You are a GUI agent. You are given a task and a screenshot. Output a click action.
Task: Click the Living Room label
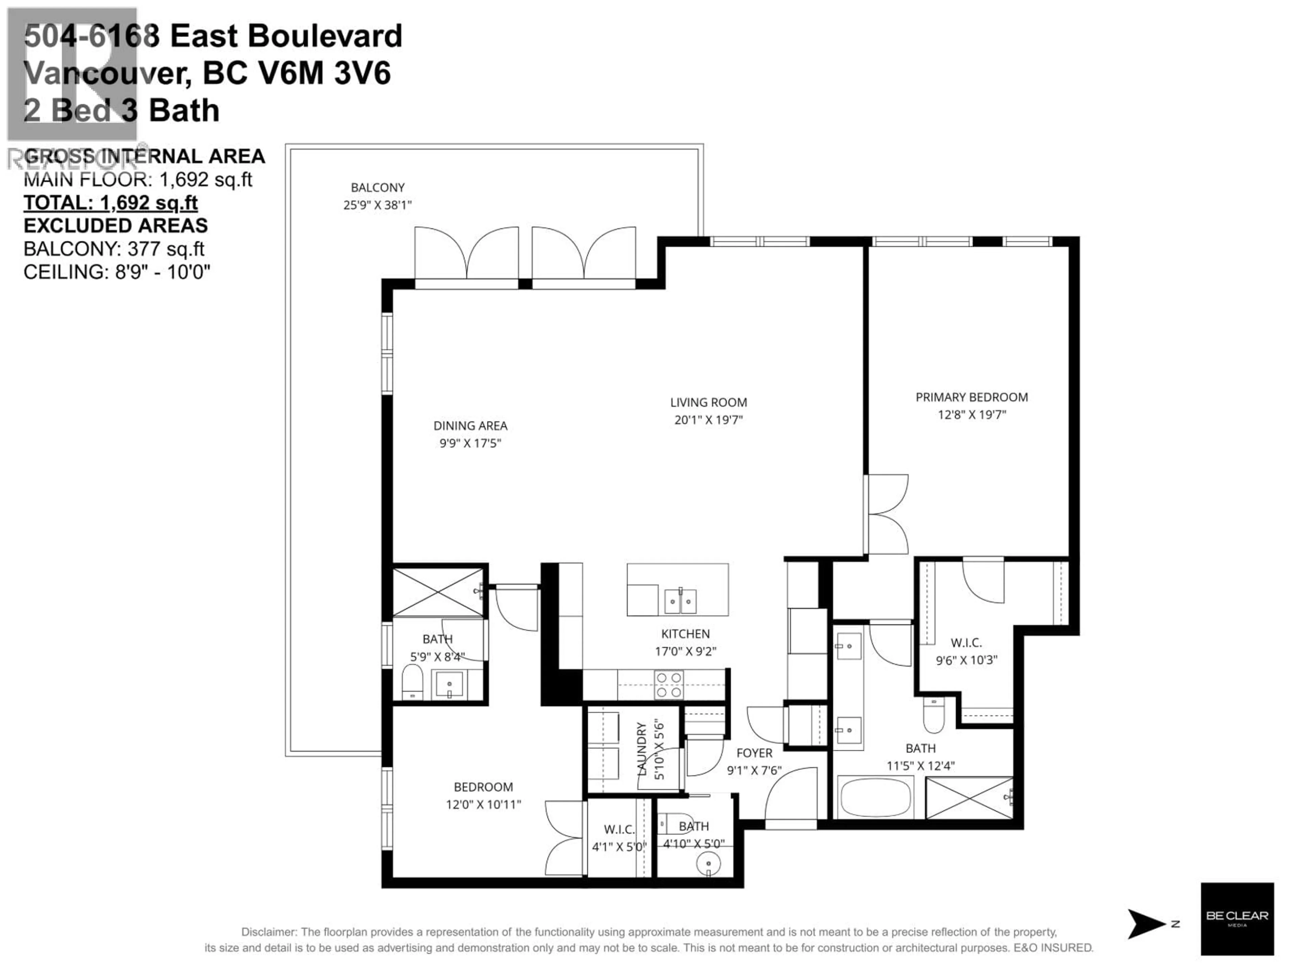[708, 402]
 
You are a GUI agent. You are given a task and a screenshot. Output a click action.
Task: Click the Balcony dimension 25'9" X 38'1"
[377, 205]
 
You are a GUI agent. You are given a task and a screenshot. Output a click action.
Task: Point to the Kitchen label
[685, 633]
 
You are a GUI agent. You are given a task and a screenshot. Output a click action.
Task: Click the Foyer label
[754, 753]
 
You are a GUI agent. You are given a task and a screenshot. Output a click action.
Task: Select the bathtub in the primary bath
[875, 797]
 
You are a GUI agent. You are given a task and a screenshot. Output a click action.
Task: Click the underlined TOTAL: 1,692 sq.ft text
[110, 203]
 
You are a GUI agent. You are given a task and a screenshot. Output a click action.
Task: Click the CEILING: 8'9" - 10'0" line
[117, 272]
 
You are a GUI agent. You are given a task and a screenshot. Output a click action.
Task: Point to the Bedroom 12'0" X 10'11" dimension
[483, 804]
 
